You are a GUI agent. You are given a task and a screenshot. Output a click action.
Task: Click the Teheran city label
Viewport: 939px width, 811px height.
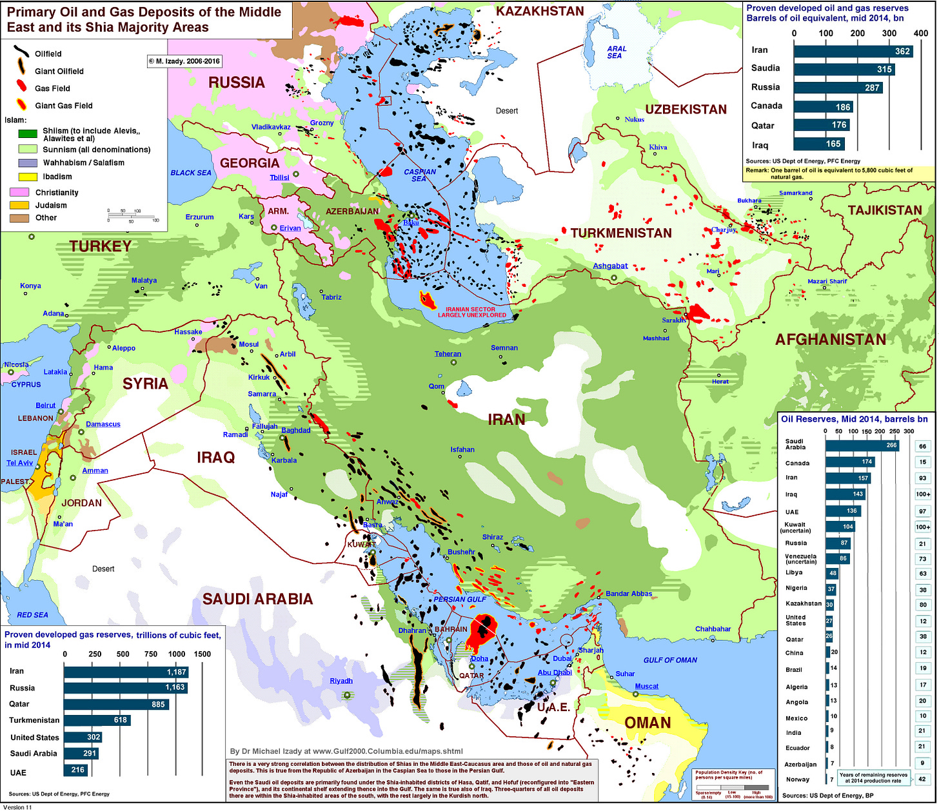pos(448,354)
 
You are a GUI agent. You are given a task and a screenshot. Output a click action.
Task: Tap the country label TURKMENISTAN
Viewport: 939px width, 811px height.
pos(620,233)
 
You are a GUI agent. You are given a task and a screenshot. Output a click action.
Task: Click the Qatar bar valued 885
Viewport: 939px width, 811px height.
pos(116,704)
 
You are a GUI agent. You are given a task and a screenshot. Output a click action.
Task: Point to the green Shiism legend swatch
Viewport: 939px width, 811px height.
pos(27,134)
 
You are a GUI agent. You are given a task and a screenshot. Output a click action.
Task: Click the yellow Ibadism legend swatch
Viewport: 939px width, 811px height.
pos(27,177)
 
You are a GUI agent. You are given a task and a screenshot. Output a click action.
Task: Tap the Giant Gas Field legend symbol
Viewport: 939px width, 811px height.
pos(21,105)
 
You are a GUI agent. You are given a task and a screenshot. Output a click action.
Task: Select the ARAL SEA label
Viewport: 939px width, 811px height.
pos(616,52)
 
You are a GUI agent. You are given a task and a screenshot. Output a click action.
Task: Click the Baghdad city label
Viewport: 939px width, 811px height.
pos(295,430)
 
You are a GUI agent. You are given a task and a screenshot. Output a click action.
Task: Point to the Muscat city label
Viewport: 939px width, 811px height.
pos(646,686)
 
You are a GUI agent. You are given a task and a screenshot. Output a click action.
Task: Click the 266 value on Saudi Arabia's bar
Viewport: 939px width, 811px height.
pos(891,445)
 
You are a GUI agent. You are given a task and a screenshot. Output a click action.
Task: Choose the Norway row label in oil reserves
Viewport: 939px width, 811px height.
pos(797,779)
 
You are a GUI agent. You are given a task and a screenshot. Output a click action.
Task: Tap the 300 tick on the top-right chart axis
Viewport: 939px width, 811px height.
pos(889,33)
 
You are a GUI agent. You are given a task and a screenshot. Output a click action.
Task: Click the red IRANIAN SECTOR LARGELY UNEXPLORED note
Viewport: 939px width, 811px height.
pos(471,312)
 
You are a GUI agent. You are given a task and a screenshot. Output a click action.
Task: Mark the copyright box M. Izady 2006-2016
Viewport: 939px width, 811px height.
pos(184,61)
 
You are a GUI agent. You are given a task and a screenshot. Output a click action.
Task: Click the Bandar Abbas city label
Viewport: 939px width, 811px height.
pos(628,593)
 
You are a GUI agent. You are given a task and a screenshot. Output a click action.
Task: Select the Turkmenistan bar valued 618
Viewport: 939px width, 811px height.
pos(97,720)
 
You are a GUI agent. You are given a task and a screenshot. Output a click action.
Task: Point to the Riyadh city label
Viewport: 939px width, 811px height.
pos(341,681)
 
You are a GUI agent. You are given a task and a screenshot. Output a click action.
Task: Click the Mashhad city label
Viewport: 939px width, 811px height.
pos(656,338)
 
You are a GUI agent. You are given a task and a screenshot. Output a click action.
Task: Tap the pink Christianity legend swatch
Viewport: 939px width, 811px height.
pos(19,192)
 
